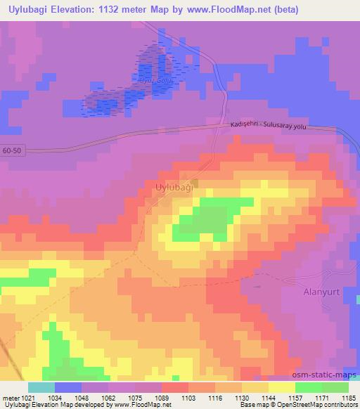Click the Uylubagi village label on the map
[x=171, y=188]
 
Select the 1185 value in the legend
[x=348, y=397]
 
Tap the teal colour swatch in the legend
[x=41, y=387]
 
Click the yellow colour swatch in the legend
[x=282, y=387]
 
